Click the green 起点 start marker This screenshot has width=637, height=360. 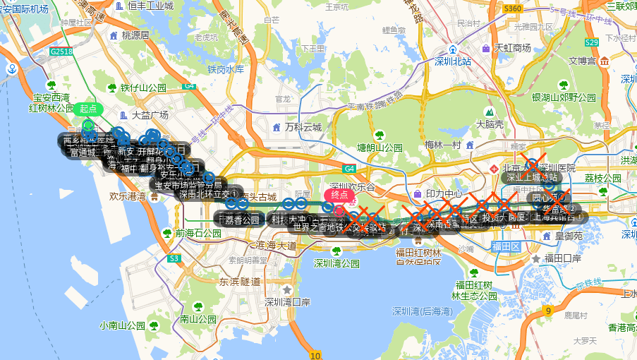(88, 109)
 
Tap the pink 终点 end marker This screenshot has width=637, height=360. (339, 195)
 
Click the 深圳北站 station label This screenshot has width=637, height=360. (453, 61)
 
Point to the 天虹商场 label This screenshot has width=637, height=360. (511, 48)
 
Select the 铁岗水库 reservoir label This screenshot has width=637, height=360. (225, 69)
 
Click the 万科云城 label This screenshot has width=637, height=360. (303, 128)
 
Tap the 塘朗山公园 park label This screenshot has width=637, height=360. (380, 148)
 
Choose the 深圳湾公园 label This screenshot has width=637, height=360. (336, 263)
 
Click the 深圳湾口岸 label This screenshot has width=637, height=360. (287, 301)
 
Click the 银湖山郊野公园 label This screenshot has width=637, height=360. (563, 97)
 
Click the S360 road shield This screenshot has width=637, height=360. (513, 8)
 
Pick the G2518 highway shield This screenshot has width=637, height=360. (61, 52)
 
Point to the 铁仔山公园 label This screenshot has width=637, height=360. (142, 88)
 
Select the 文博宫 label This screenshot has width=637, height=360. (583, 61)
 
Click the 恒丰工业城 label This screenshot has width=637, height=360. (150, 6)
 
